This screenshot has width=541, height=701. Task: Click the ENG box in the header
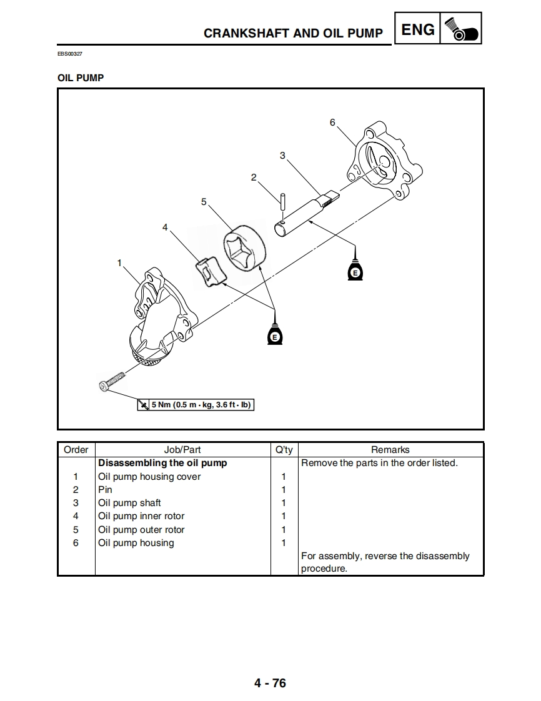click(x=417, y=29)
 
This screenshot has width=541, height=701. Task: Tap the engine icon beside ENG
click(x=461, y=30)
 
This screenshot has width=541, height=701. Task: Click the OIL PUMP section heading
click(x=81, y=78)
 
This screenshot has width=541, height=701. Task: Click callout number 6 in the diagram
click(x=332, y=122)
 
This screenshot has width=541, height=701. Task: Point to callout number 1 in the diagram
click(x=119, y=263)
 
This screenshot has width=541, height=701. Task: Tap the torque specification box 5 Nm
click(x=196, y=405)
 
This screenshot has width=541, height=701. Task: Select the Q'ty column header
click(x=284, y=450)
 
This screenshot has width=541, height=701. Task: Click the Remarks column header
click(x=390, y=450)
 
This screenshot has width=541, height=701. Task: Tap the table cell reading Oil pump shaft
click(x=129, y=503)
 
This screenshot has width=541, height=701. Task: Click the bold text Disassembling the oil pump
click(x=162, y=463)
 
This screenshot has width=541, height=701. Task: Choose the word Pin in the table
click(x=105, y=490)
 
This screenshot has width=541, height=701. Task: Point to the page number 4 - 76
click(x=270, y=683)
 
